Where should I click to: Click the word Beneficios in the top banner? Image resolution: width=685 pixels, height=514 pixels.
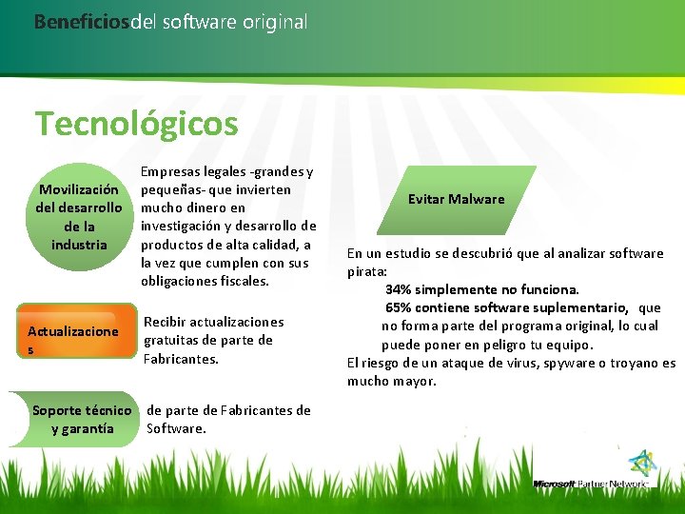tap(81, 21)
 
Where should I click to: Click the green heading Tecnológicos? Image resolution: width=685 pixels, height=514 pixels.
tap(136, 124)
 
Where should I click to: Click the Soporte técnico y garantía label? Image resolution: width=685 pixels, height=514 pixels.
tap(82, 420)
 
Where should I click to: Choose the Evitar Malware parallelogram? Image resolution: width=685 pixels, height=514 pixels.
tap(456, 199)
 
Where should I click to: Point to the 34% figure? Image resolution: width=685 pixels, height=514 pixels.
tap(400, 289)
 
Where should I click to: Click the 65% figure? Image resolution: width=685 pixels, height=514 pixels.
tap(400, 307)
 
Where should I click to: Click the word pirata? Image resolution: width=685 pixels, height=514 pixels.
tap(365, 271)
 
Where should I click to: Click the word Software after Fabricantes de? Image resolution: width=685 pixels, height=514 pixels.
tap(176, 428)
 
